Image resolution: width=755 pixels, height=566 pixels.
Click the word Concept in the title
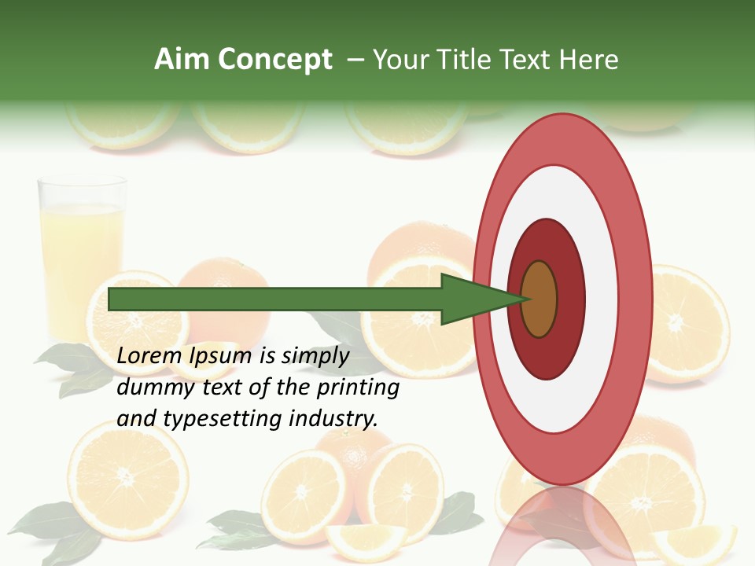coord(274,60)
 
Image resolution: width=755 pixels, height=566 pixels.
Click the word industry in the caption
coord(333,419)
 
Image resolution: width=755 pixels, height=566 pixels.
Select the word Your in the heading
coord(400,60)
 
